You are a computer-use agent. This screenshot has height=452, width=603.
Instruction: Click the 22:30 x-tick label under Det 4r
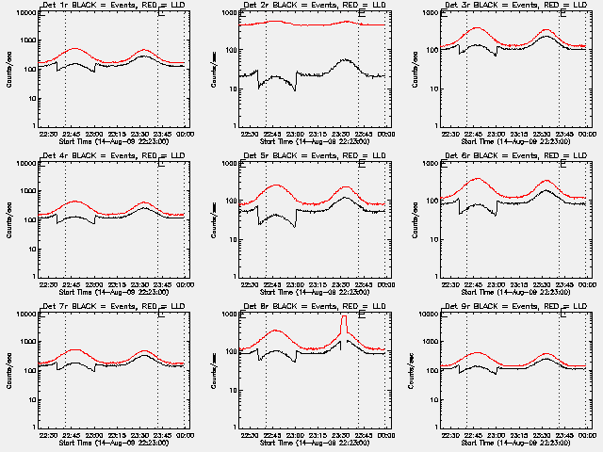pyautogui.click(x=47, y=284)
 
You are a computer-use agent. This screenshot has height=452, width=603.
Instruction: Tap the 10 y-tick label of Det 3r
pyautogui.click(x=432, y=89)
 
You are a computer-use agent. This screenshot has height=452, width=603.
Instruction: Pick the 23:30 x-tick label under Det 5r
pyautogui.click(x=343, y=284)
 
